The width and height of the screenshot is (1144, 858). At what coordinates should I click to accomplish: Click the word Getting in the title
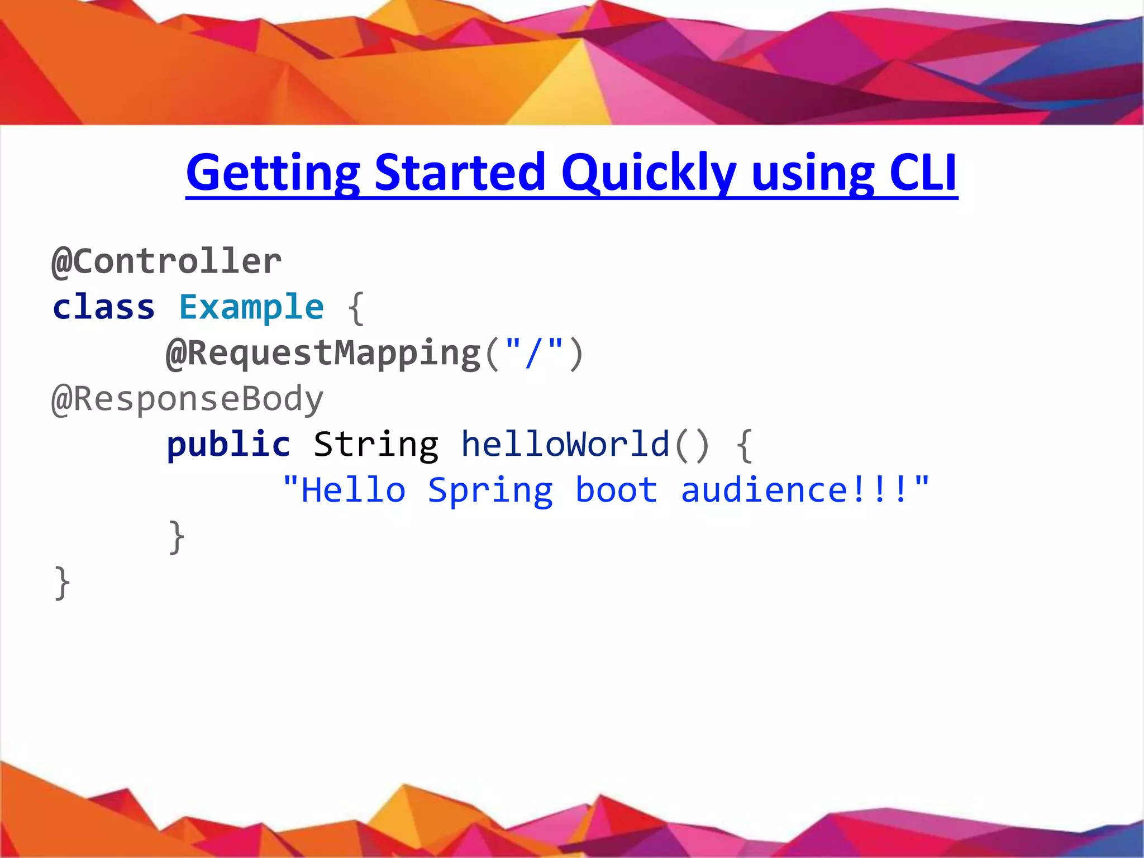(x=273, y=173)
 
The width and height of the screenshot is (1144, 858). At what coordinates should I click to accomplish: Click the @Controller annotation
(x=166, y=261)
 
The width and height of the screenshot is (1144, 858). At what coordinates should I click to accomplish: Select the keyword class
(x=103, y=307)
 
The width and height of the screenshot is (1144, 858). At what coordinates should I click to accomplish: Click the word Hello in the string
(x=353, y=490)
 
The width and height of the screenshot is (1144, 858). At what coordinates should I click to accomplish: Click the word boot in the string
(x=616, y=490)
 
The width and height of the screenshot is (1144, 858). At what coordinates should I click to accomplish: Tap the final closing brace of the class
(x=62, y=583)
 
